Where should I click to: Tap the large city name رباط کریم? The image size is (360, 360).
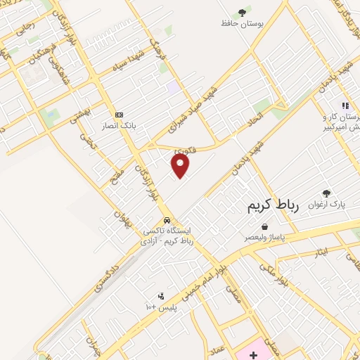(x=274, y=205)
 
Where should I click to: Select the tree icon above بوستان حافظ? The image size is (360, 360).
(x=243, y=12)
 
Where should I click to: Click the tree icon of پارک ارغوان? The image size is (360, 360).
(x=326, y=193)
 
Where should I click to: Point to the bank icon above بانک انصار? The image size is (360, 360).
(x=118, y=115)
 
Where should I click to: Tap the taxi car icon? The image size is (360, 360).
(x=167, y=219)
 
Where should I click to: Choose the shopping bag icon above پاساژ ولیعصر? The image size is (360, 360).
(x=264, y=227)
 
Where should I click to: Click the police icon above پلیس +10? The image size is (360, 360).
(x=161, y=296)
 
